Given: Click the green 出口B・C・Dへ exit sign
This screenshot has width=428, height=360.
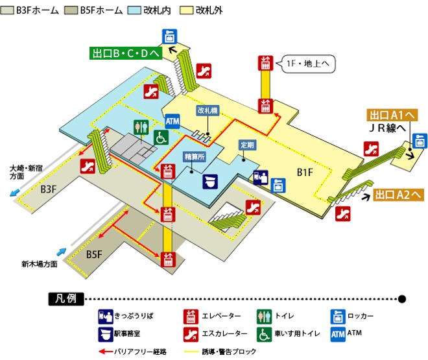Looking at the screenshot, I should (126, 53).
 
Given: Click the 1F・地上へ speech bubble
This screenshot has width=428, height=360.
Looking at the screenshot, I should (308, 64).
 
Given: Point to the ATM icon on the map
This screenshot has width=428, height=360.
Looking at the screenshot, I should (172, 121).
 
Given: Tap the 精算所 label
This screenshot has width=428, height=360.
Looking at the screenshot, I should (194, 157).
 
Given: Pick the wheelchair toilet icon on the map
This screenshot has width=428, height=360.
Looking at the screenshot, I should (160, 138).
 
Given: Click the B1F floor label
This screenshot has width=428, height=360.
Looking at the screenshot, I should (305, 172).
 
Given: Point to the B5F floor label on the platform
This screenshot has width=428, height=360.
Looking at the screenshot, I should (95, 254).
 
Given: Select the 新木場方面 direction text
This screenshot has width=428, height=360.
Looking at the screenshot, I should (40, 264).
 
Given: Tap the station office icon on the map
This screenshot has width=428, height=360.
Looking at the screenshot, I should (209, 180).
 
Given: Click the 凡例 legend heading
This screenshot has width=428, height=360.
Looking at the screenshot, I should (66, 299).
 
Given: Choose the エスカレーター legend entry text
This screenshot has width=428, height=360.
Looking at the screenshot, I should (226, 333).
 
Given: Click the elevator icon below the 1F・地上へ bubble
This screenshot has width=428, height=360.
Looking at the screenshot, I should (265, 64).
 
